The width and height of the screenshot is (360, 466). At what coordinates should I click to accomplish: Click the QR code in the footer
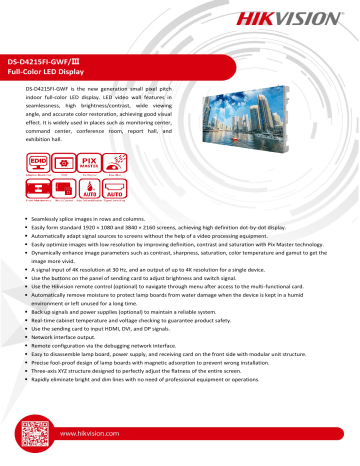[x=34, y=436]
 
